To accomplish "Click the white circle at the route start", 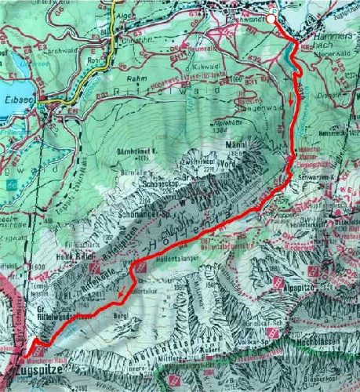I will (271, 18).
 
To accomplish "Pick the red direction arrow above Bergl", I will (122, 292).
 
